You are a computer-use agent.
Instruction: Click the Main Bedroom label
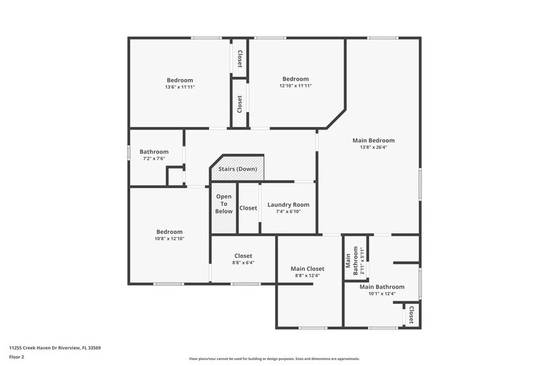[x=373, y=140]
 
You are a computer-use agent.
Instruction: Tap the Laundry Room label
[x=288, y=205]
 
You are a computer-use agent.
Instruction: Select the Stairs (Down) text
[x=237, y=169]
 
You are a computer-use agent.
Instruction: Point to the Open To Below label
[x=224, y=204]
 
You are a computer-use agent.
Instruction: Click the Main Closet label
[x=307, y=269]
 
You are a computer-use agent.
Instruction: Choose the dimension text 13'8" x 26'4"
[x=373, y=148]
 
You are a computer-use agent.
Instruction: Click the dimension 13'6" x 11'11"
[x=180, y=87]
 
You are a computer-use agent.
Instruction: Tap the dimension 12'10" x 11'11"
[x=296, y=86]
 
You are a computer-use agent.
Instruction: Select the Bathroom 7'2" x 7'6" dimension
[x=154, y=159]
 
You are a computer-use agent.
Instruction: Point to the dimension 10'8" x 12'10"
[x=169, y=238]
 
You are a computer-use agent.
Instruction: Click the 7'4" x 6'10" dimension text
[x=288, y=212]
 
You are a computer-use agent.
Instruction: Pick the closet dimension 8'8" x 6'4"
[x=243, y=263]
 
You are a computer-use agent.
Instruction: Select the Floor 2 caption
[x=16, y=357]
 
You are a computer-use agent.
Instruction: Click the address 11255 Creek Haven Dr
[x=55, y=347]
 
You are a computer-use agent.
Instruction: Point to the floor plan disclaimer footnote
[x=274, y=359]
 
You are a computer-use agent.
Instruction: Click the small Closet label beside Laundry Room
[x=248, y=208]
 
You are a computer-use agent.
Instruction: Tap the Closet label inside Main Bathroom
[x=411, y=314]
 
